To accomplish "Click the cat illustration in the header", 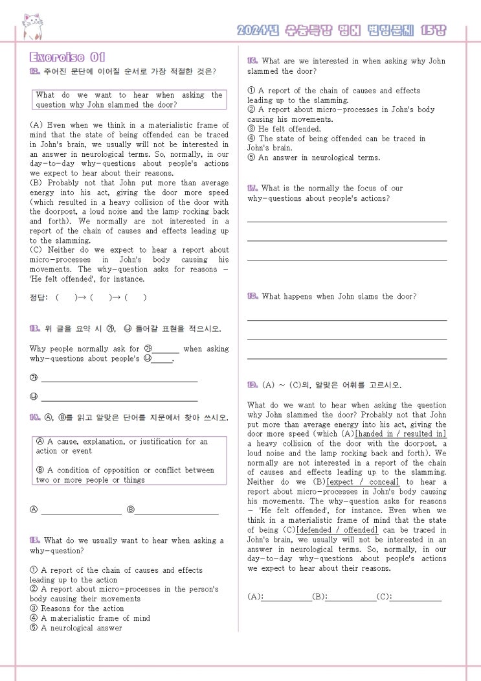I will click(x=32, y=27).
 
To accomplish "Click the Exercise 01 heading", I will click(x=67, y=57).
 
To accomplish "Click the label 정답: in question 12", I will click(x=39, y=298).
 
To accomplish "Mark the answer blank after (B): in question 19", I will click(x=351, y=597).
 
